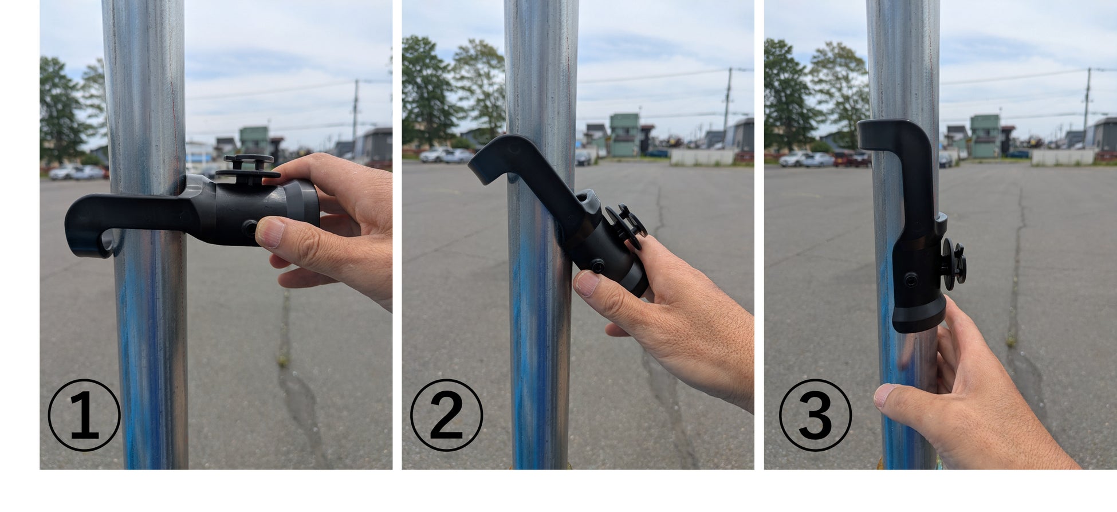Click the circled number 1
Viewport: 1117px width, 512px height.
coord(84,415)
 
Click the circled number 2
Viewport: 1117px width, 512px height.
coord(446,415)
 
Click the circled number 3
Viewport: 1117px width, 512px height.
coord(815,415)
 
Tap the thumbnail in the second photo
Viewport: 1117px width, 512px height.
coord(587,283)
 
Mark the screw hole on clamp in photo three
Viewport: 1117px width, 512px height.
coord(910,280)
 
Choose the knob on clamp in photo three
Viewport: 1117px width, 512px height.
coord(952,264)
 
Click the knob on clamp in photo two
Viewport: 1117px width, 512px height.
coord(626,227)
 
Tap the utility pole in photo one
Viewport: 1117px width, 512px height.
coord(355,111)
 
